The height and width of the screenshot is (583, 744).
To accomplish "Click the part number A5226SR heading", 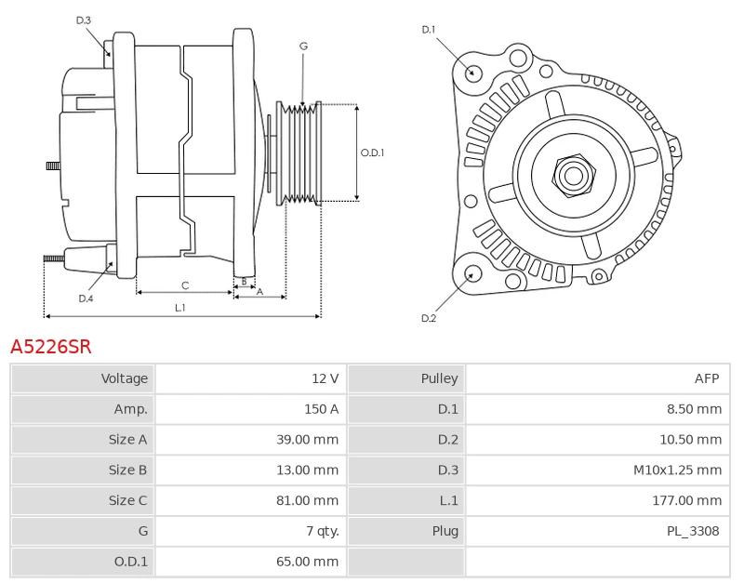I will (x=51, y=347).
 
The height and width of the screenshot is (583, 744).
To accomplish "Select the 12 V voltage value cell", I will (x=325, y=378).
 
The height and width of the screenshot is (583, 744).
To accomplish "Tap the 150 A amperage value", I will (x=321, y=409).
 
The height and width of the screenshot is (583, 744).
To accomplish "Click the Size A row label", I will (x=127, y=440).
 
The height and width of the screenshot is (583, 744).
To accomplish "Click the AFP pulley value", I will (x=707, y=378).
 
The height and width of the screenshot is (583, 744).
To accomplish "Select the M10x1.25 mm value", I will (x=677, y=470).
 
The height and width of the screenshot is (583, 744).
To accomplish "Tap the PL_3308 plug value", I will (x=693, y=532).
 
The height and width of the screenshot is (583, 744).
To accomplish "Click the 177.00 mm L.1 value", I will (x=686, y=501).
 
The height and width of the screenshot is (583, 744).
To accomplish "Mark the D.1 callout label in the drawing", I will (x=429, y=30).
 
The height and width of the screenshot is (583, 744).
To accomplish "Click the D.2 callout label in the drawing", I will (x=429, y=318).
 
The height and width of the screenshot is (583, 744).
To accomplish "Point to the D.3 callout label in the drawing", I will (x=84, y=20).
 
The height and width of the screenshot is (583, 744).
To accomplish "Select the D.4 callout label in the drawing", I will (x=86, y=298).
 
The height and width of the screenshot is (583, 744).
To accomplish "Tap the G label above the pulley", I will (x=303, y=46).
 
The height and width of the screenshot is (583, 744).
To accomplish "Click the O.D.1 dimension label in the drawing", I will (x=372, y=153).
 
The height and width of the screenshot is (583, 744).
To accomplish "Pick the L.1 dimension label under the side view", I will (x=180, y=307).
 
